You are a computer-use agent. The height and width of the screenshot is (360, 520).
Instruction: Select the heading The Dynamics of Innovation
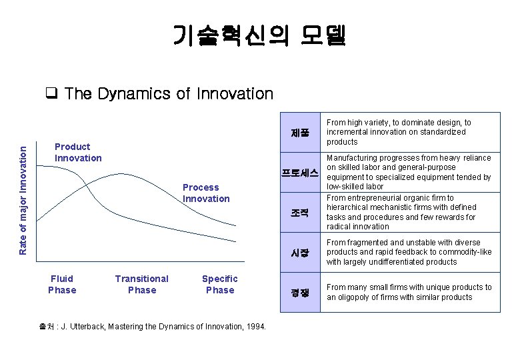(168, 94)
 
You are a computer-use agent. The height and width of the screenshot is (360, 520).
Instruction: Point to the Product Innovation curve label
(78, 152)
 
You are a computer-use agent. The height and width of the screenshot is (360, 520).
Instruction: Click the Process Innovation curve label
(205, 193)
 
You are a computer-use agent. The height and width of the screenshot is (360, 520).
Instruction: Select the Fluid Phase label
(62, 284)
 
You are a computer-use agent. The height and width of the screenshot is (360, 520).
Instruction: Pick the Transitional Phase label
(141, 284)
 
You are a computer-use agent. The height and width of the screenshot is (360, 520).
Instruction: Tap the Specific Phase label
(219, 284)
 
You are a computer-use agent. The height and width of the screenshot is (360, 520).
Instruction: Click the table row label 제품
(300, 132)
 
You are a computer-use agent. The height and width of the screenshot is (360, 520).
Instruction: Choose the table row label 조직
(300, 213)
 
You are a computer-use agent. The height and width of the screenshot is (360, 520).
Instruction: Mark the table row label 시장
(300, 253)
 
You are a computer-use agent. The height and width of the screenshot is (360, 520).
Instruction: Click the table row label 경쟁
(300, 292)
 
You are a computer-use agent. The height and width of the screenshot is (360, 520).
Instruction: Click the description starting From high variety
(399, 132)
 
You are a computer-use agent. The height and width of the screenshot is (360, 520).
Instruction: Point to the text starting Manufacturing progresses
(408, 173)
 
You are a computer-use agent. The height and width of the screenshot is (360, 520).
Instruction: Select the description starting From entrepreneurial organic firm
(401, 212)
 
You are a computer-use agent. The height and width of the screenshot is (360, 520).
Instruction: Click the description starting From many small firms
(409, 292)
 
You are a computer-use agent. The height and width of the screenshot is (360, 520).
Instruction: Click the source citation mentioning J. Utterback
(153, 327)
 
